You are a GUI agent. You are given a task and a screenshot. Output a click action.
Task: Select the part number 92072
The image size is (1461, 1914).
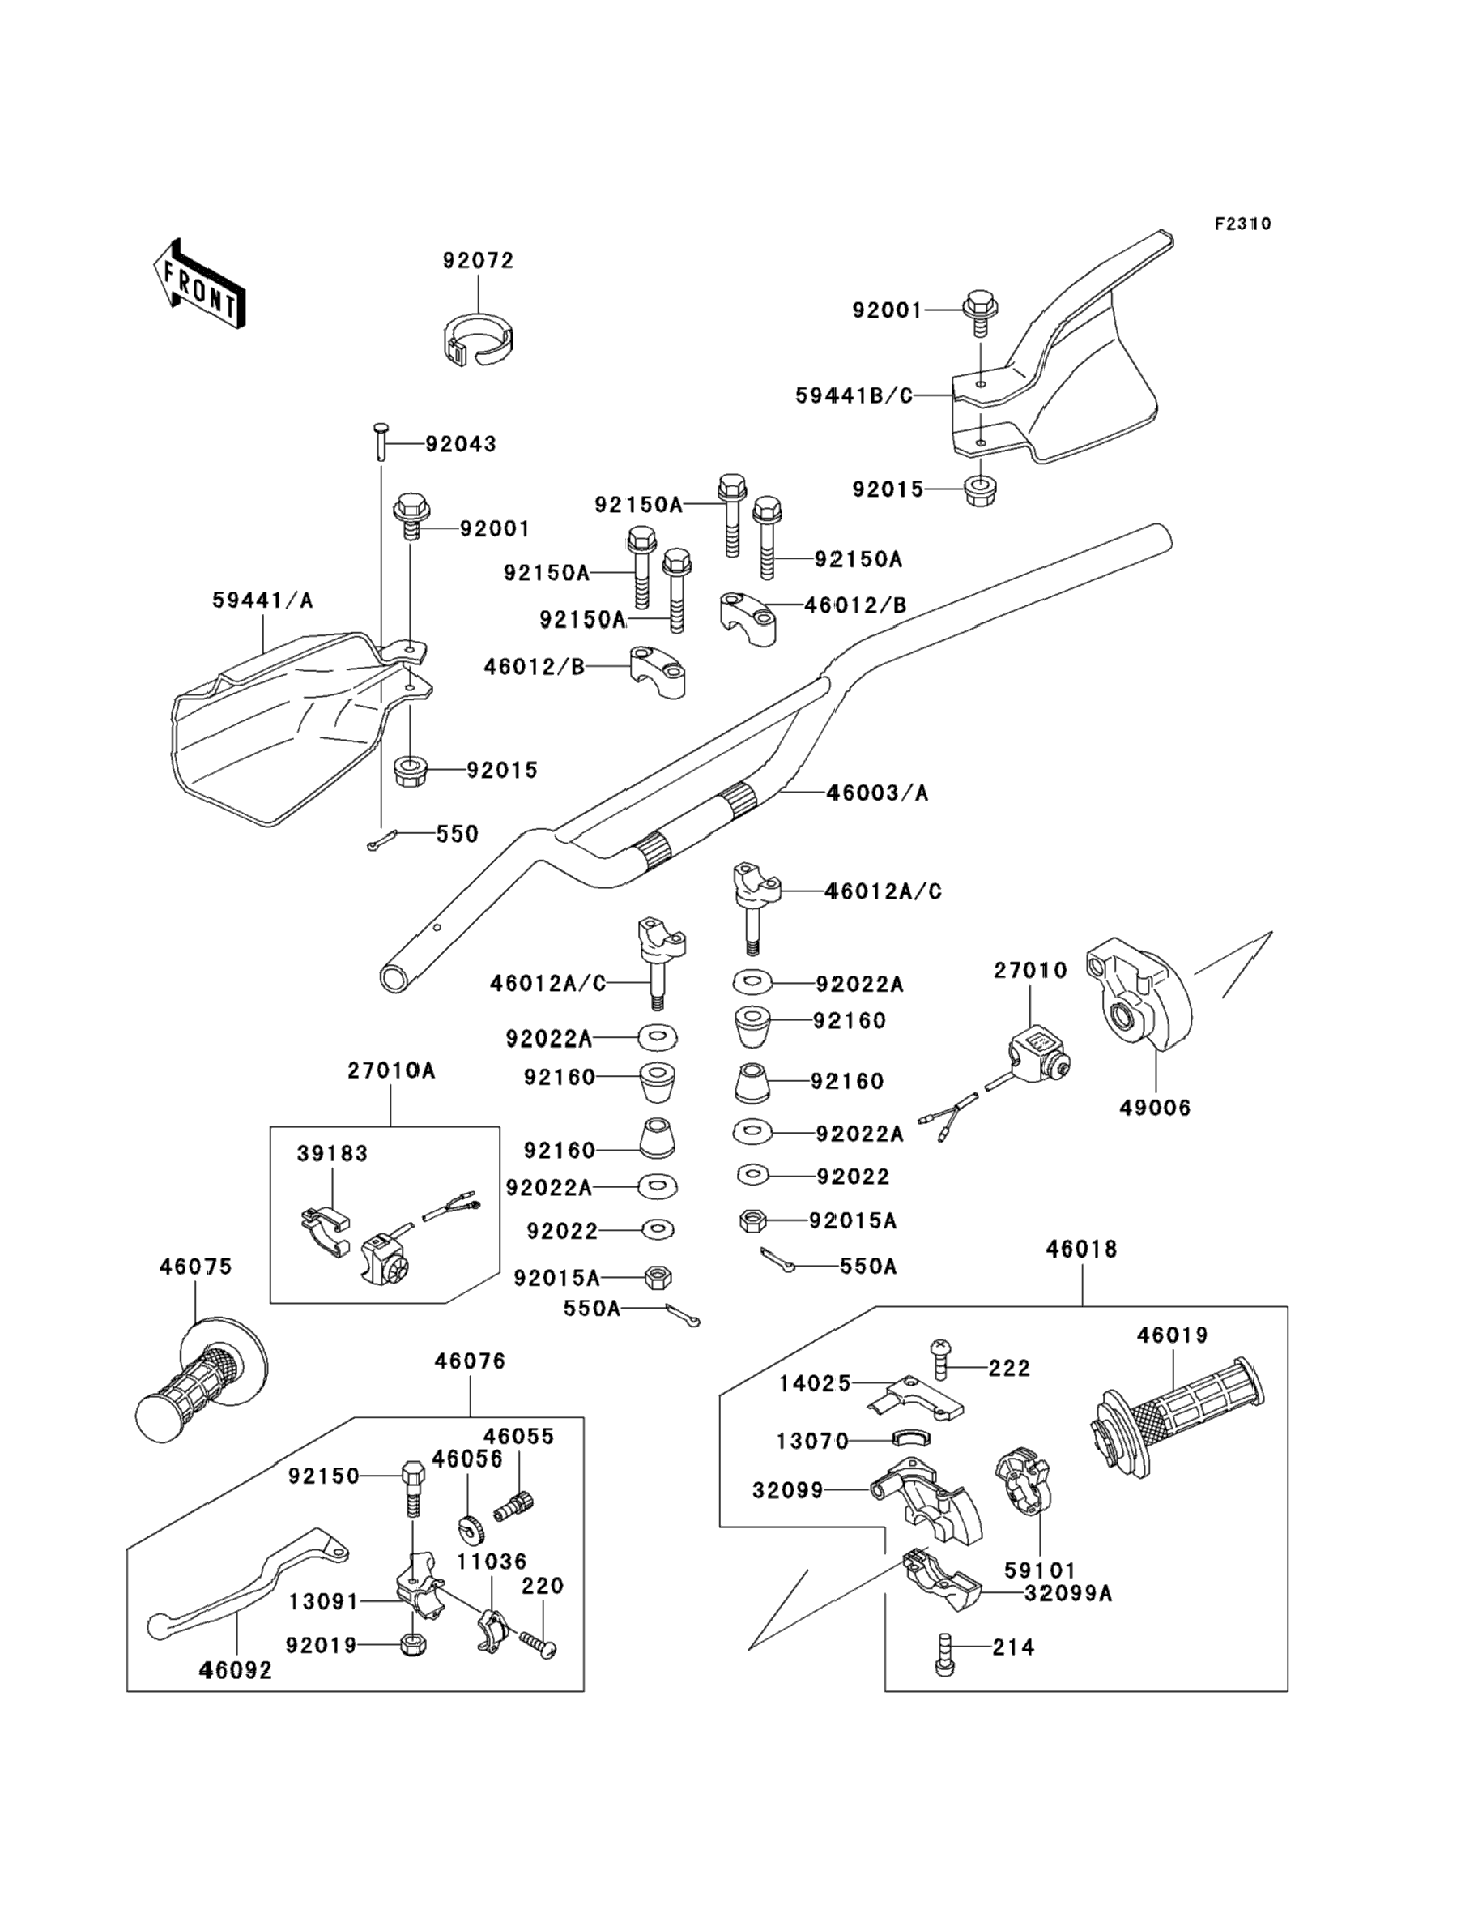click(x=479, y=260)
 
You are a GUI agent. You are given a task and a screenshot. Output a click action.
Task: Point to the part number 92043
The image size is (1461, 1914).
click(x=461, y=444)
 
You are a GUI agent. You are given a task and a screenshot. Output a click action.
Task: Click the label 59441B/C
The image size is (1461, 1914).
click(x=854, y=396)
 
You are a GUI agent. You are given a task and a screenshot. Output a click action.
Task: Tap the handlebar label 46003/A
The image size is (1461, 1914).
click(x=877, y=793)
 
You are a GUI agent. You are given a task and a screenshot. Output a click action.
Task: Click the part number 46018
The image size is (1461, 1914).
click(x=1082, y=1250)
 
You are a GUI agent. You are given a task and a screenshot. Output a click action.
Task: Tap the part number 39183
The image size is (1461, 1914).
click(x=332, y=1154)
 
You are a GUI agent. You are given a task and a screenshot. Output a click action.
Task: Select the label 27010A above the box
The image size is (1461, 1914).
click(x=390, y=1070)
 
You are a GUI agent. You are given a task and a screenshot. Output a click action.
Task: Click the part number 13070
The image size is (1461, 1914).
click(x=812, y=1442)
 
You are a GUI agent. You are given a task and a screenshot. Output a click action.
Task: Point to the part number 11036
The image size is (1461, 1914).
click(x=492, y=1562)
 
